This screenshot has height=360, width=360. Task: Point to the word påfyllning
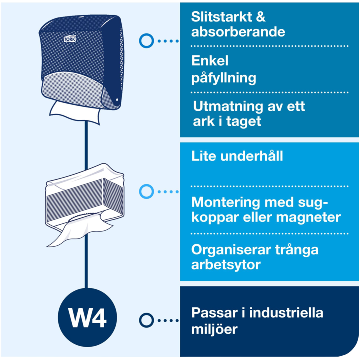pos(224,78)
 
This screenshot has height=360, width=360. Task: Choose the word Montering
pos(225,203)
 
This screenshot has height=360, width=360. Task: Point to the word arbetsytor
pos(226,265)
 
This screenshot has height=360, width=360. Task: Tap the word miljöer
pos(214,329)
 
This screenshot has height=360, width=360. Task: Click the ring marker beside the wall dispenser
pos(146,41)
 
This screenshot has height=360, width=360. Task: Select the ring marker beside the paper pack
pos(146,191)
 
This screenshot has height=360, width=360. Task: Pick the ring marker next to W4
pos(146,320)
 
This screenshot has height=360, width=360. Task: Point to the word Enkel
pos(210,62)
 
